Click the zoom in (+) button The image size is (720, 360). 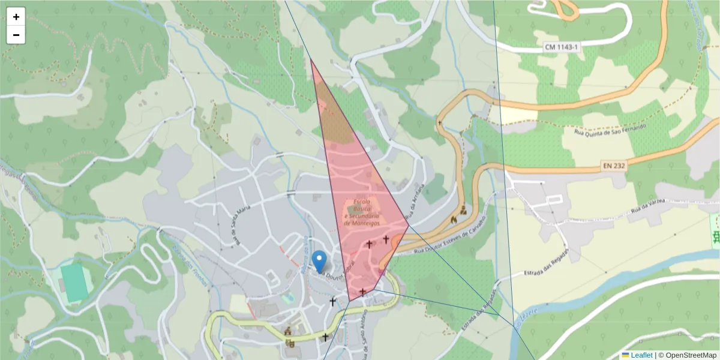(16, 17)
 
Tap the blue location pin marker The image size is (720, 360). (320, 260)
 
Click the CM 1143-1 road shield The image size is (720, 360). (562, 47)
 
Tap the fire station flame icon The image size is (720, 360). (453, 220)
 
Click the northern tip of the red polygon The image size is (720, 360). (311, 59)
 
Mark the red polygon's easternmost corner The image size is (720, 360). (409, 226)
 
